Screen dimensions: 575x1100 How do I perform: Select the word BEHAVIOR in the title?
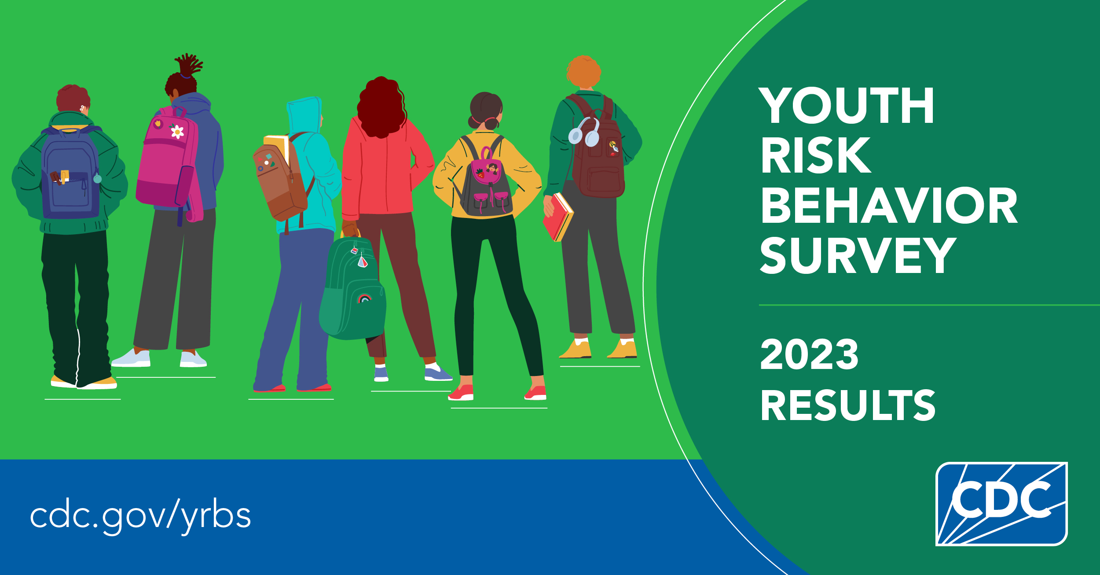point(889,206)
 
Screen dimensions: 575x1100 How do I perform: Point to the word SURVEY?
point(858,255)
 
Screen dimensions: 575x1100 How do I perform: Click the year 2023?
point(809,354)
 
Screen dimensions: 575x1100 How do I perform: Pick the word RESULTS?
point(847,405)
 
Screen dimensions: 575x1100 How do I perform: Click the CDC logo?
point(1001,504)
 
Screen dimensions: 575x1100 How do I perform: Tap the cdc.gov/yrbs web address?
point(140,516)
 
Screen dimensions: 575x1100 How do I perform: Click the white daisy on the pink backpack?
point(177,132)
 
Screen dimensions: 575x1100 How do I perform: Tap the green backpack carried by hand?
point(353,288)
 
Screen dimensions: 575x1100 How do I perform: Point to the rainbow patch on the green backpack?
point(364,299)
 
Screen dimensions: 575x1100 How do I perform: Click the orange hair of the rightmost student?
point(583,71)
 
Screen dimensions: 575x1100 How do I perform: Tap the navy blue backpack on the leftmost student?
point(70,174)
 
